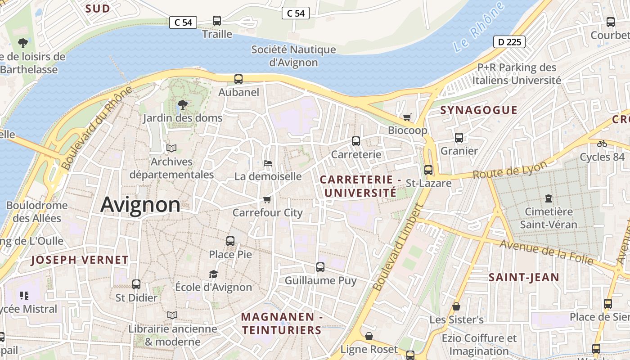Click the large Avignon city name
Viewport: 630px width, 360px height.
coord(140,205)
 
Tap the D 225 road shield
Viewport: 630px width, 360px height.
coord(509,42)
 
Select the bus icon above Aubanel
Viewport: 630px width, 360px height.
coord(238,79)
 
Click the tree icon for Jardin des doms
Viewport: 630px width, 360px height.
coord(182,105)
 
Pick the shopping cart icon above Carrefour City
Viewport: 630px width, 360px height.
coord(267,199)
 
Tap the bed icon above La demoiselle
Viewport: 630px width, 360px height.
coord(267,163)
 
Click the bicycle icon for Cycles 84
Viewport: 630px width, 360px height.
coord(602,144)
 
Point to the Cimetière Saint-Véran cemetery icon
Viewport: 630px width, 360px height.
coord(548,198)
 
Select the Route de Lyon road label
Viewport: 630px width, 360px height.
coord(510,171)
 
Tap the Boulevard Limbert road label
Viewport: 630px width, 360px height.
coord(399,247)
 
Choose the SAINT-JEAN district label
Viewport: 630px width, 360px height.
coord(524,277)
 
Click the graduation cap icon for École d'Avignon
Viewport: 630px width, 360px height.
coord(213,274)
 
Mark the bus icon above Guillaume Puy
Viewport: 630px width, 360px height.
coord(320,267)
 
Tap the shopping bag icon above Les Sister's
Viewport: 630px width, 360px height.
coord(456,306)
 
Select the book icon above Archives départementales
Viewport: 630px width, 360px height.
coord(171,148)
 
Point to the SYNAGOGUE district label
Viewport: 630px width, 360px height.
coord(479,110)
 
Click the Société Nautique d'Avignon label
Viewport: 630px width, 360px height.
coord(293,56)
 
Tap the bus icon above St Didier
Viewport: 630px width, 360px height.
coord(136,284)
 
